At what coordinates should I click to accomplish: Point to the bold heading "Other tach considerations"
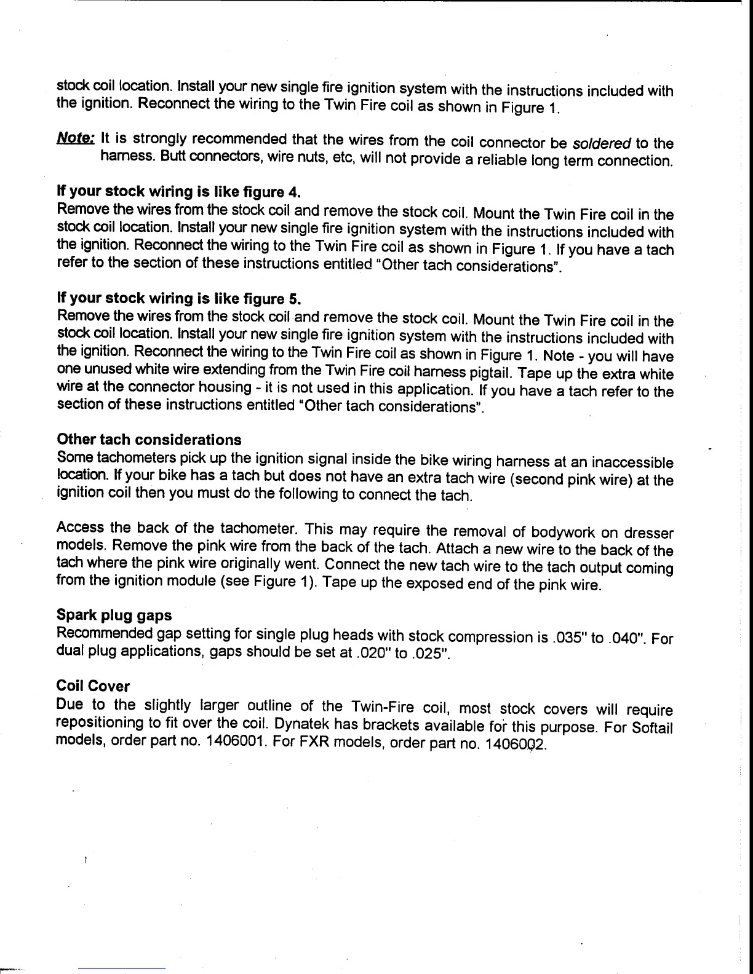[x=149, y=440]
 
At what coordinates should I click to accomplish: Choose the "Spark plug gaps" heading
[x=114, y=616]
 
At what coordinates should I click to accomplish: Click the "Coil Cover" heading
[x=93, y=686]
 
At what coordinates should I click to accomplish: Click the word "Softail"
[x=653, y=728]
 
